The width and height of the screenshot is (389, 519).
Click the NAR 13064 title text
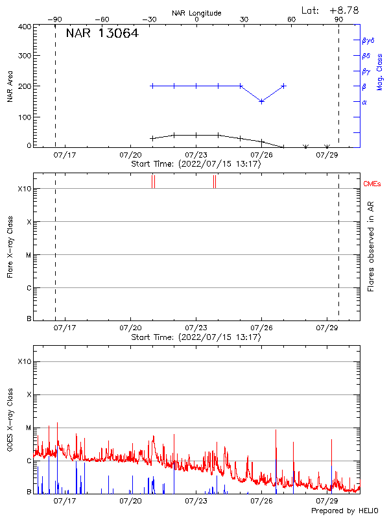click(102, 34)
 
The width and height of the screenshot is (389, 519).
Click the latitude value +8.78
click(344, 10)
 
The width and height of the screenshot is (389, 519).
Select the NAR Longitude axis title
click(196, 13)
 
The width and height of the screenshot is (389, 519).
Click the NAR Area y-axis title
click(10, 86)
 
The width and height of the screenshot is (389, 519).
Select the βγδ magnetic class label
click(368, 40)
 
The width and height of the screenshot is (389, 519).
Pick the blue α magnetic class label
click(364, 102)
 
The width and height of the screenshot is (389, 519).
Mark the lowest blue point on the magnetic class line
click(261, 101)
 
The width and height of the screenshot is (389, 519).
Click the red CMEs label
click(373, 184)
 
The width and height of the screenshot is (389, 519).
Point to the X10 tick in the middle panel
click(24, 189)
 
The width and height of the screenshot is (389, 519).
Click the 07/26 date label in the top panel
click(261, 155)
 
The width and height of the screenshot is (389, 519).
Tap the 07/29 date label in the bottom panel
click(327, 501)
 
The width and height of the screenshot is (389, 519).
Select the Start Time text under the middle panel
click(196, 337)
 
